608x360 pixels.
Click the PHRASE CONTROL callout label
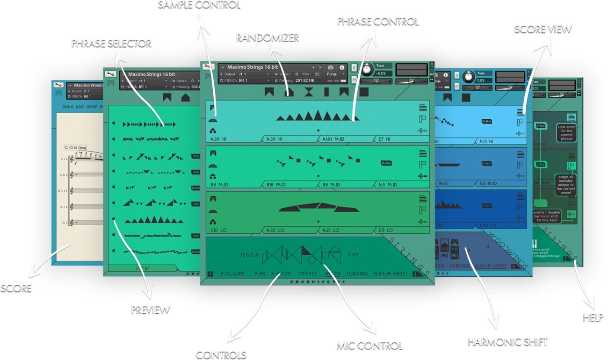377,22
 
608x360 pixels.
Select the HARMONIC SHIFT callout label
507,342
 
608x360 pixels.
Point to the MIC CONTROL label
369,346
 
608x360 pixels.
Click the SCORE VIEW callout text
543,29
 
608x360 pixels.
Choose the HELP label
593,318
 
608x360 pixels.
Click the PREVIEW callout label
150,310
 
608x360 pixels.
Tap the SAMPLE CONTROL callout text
199,6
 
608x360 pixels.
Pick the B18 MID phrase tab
277,185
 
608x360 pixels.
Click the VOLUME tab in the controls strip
232,274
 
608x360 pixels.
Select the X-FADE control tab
281,274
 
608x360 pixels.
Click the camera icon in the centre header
331,67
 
